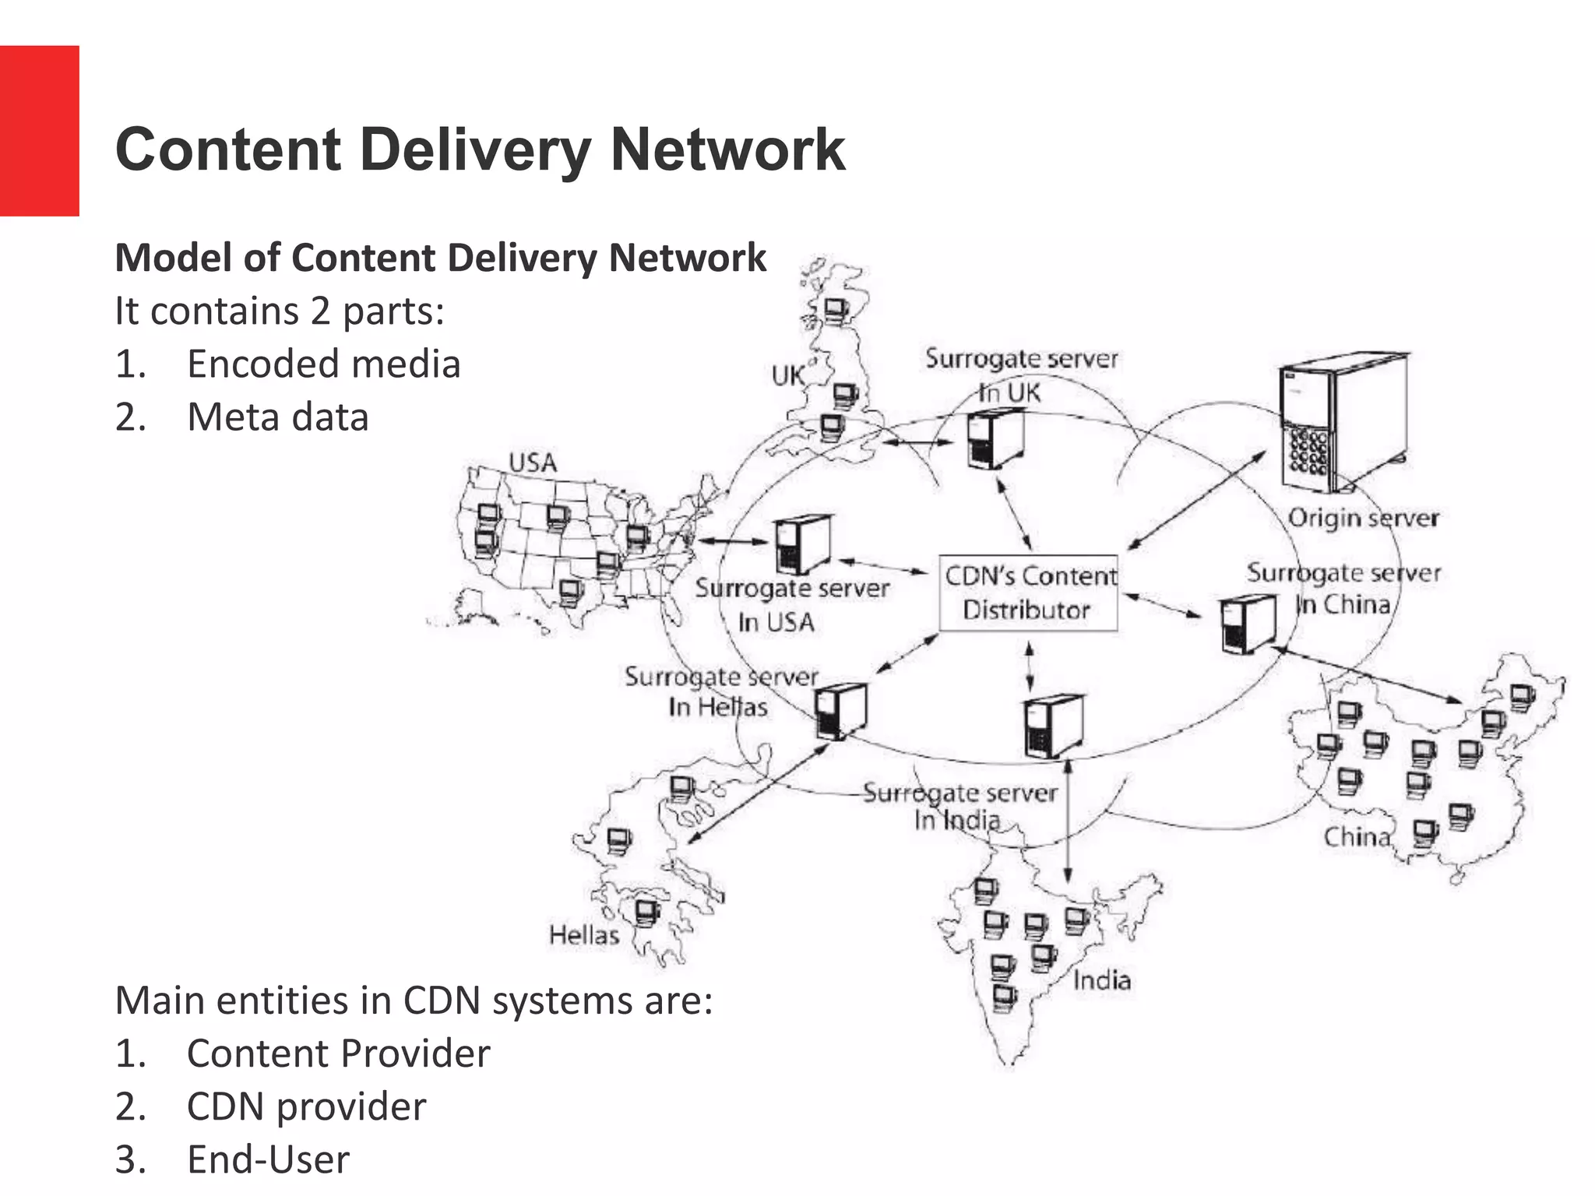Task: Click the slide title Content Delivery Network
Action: point(480,149)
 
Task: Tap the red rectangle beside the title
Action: point(39,131)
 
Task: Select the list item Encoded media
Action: point(323,364)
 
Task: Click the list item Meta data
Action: point(277,417)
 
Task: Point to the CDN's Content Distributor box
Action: point(1029,593)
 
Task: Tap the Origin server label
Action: point(1363,518)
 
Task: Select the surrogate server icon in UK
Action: point(995,440)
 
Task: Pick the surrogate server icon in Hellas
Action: point(841,710)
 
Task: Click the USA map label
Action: point(533,463)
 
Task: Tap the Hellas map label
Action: point(584,934)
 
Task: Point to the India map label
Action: point(1101,980)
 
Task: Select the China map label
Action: point(1356,837)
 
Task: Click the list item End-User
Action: point(267,1159)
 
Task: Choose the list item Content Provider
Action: point(338,1054)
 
